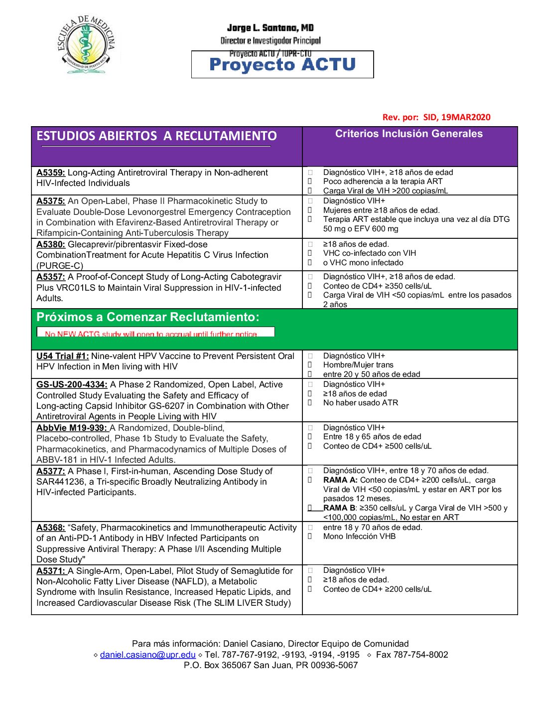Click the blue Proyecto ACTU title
coord(282,65)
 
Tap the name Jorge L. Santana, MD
coord(270,28)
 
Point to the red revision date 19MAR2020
coord(466,117)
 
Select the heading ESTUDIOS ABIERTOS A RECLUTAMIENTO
coord(156,136)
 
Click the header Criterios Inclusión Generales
coord(408,134)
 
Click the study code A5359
coord(51,173)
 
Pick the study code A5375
coord(51,201)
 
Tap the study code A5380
coord(51,244)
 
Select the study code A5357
coord(51,277)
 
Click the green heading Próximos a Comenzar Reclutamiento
coord(148,317)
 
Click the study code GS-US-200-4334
coord(72,384)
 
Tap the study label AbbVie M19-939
coord(72,428)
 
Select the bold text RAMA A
coord(340,480)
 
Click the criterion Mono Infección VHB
coord(359,536)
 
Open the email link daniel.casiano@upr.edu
coord(147,655)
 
